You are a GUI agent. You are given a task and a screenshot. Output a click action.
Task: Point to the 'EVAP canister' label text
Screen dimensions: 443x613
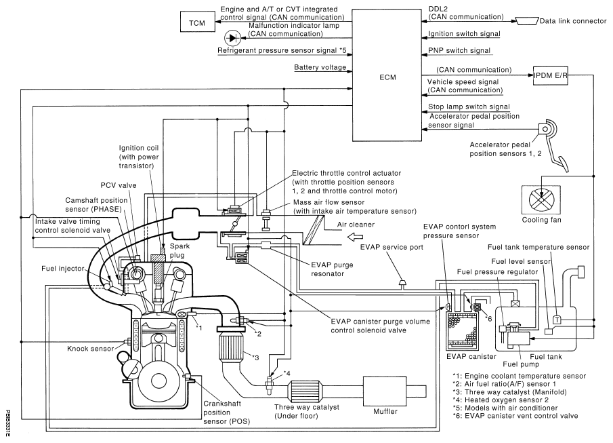463,355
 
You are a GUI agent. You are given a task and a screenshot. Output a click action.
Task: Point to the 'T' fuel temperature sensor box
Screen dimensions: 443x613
557,319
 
